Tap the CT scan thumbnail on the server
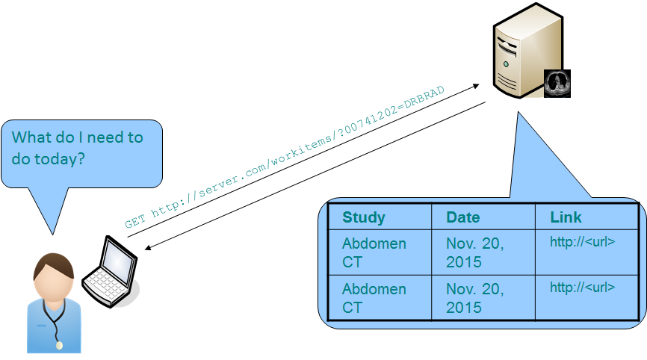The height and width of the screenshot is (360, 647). [x=557, y=84]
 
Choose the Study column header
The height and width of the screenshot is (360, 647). [x=364, y=217]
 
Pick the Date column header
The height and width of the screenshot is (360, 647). [x=463, y=217]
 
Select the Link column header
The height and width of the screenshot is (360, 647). [x=566, y=217]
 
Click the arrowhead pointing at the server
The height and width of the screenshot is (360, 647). [x=476, y=87]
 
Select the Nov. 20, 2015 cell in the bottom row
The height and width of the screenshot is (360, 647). [x=474, y=298]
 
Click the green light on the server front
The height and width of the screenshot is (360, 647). [x=506, y=65]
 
